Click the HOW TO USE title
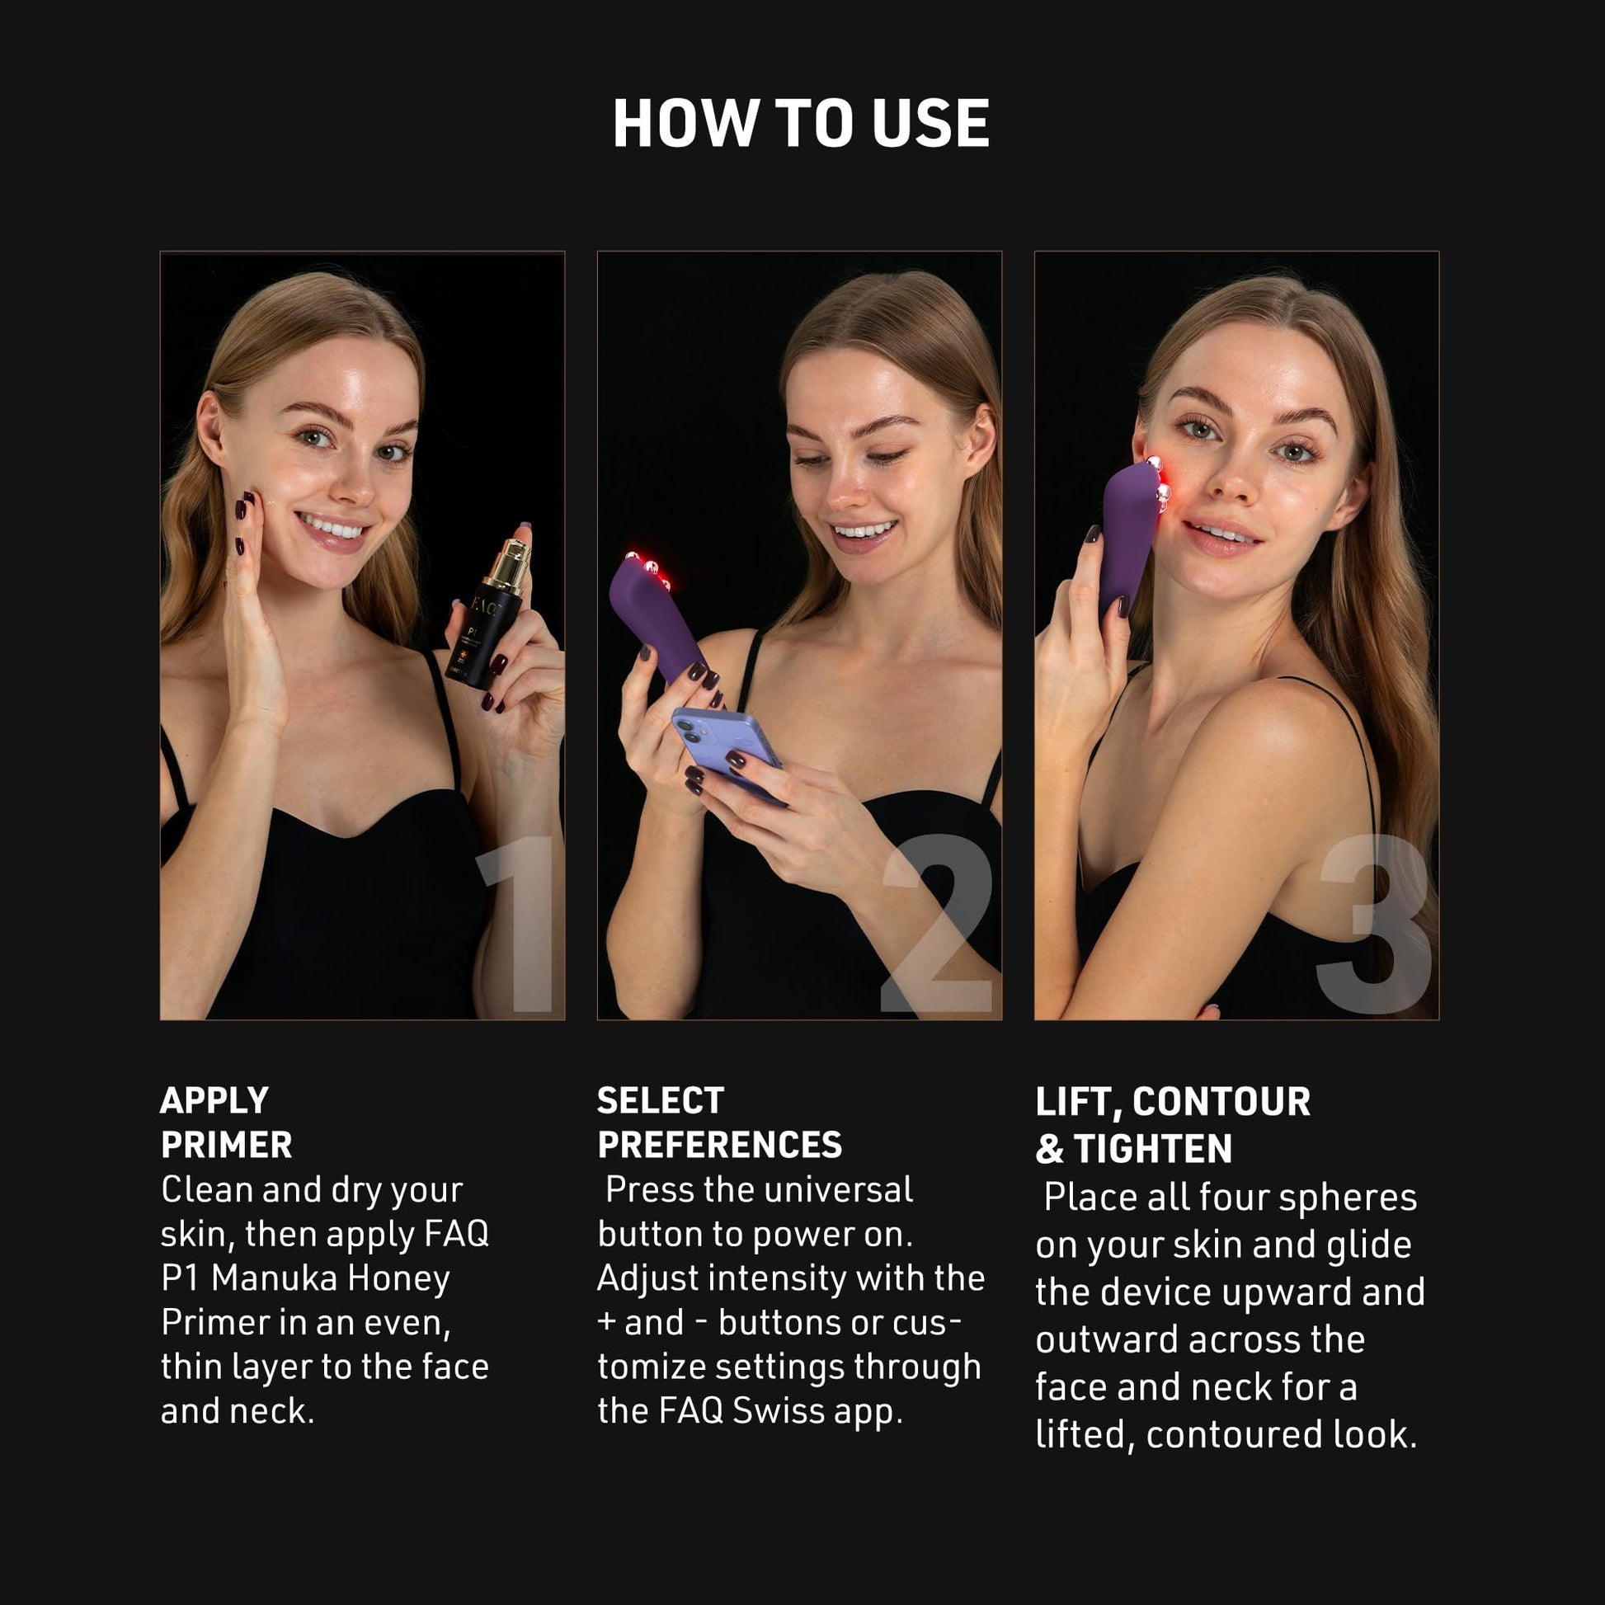801,124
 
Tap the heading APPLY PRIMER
226,1123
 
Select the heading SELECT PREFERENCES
719,1123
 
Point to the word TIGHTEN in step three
1152,1149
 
